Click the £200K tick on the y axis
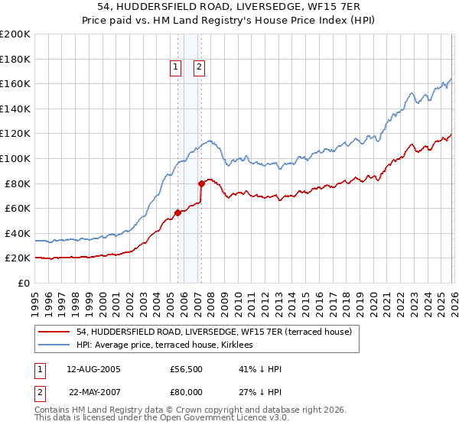pyautogui.click(x=15, y=34)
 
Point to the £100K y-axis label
pyautogui.click(x=15, y=159)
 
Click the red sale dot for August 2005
pyautogui.click(x=177, y=212)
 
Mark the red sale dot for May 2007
pyautogui.click(x=201, y=183)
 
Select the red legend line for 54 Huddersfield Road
pyautogui.click(x=55, y=332)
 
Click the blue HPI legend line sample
pyautogui.click(x=55, y=345)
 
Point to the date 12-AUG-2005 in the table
pyautogui.click(x=93, y=369)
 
